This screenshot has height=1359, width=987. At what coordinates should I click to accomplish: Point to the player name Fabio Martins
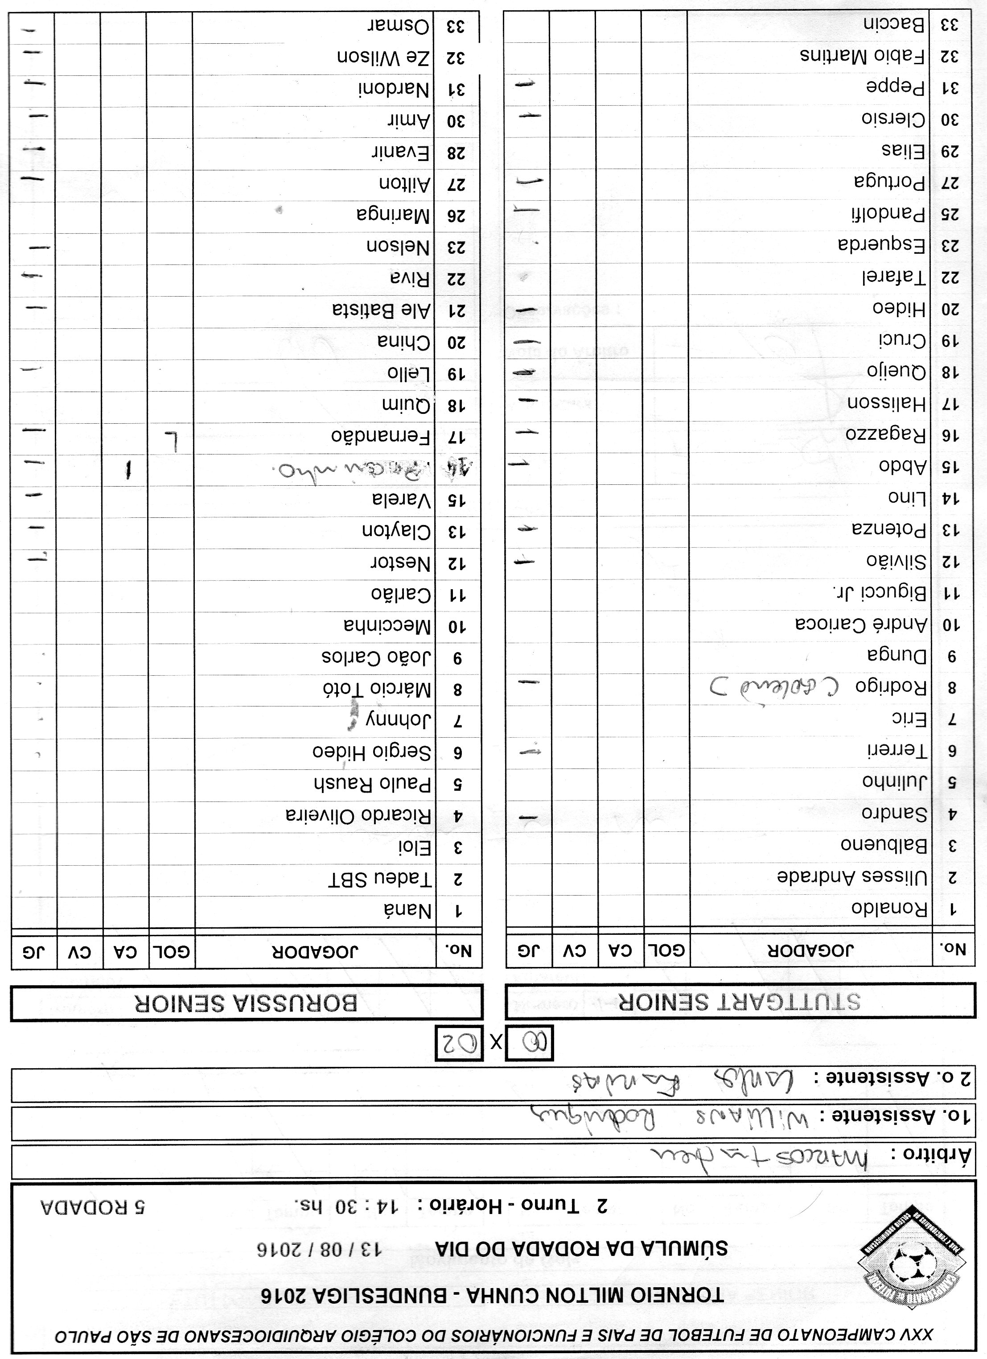click(863, 56)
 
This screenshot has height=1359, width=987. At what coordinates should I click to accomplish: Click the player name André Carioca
click(861, 625)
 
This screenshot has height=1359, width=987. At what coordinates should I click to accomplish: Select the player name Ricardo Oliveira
click(358, 815)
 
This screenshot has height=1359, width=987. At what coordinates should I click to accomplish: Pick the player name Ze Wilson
click(383, 58)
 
